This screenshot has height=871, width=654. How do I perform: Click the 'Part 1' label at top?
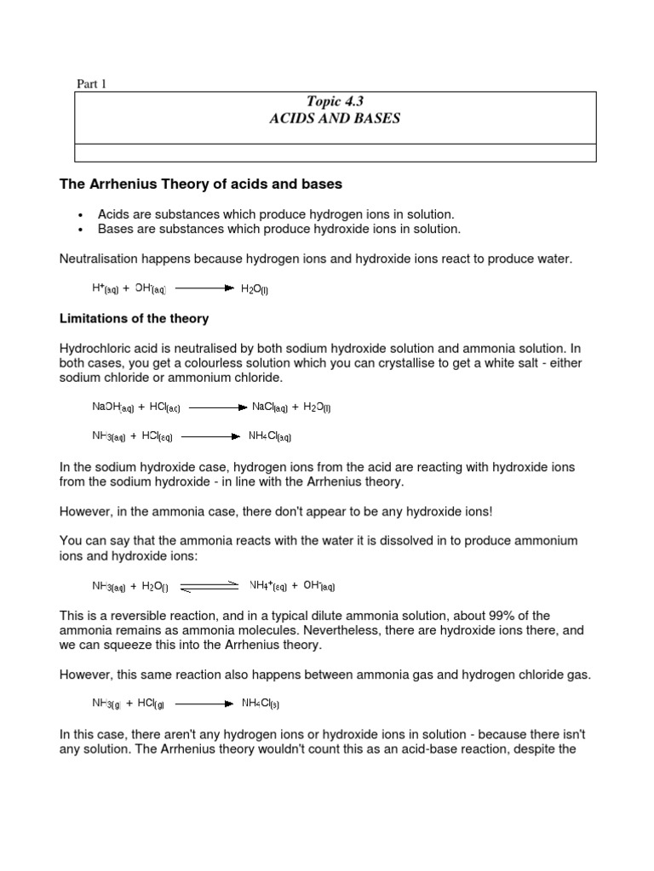92,83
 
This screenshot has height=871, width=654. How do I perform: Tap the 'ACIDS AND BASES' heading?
334,119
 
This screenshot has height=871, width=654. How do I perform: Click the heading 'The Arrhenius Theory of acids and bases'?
201,184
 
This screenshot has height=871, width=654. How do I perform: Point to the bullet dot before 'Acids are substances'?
79,215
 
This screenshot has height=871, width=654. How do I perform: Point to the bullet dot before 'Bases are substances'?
79,230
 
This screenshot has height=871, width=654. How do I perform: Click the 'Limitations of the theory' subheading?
134,319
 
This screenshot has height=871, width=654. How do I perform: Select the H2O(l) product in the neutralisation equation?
255,289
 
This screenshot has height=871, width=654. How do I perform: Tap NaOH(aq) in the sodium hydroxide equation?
113,407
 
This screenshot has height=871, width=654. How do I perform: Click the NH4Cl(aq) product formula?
270,436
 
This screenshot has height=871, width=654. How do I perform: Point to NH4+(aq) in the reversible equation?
267,586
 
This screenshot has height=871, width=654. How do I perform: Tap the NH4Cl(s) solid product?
261,703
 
